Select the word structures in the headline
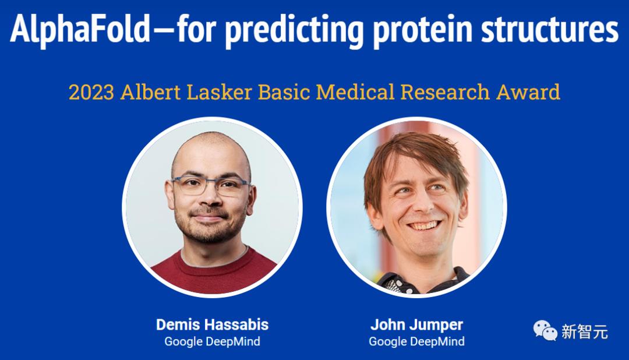(x=550, y=29)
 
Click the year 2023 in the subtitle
(x=91, y=92)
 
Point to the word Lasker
(x=219, y=92)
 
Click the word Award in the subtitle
(x=528, y=92)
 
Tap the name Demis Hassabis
(x=212, y=324)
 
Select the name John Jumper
(x=417, y=324)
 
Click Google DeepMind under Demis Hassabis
(x=212, y=341)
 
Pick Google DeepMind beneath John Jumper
(x=417, y=341)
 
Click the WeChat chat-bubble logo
(x=545, y=330)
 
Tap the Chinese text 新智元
(x=585, y=332)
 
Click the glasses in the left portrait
(x=212, y=185)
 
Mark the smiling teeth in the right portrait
(x=424, y=225)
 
